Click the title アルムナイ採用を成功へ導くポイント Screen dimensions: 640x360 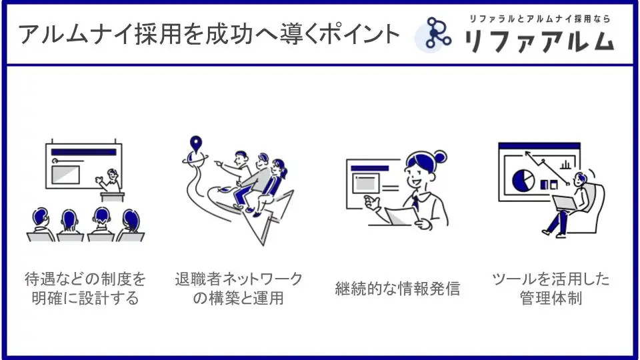(x=209, y=34)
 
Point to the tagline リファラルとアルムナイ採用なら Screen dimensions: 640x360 (x=539, y=19)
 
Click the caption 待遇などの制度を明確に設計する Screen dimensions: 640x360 (x=85, y=289)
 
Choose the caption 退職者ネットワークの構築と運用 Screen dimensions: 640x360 (x=239, y=289)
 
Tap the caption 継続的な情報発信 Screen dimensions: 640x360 (x=397, y=289)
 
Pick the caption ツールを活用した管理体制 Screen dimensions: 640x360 (x=551, y=289)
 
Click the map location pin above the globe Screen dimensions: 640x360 (x=196, y=144)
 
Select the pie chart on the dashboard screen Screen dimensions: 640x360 (x=523, y=179)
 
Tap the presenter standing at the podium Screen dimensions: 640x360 (x=109, y=181)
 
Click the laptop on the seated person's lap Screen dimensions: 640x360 (x=564, y=203)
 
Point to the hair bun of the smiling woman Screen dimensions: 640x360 (x=440, y=156)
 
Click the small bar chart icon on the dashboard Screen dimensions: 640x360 (x=565, y=164)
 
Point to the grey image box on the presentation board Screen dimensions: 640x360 (x=66, y=175)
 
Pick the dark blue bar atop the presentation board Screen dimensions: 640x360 (x=84, y=152)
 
